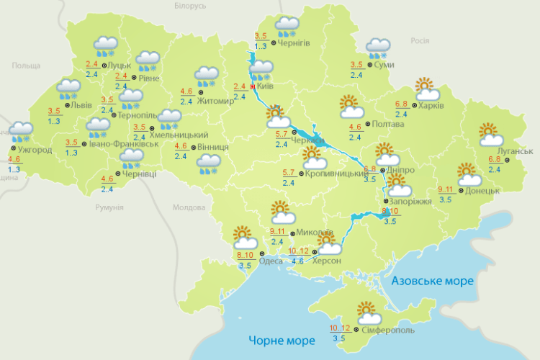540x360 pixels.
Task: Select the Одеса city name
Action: pyautogui.click(x=271, y=261)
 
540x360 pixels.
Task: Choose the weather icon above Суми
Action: pyautogui.click(x=377, y=48)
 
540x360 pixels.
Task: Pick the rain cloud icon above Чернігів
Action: pyautogui.click(x=287, y=27)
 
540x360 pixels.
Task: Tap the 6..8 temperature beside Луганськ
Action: pyautogui.click(x=495, y=160)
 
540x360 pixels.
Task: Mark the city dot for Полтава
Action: pyautogui.click(x=367, y=124)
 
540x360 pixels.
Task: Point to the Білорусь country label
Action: pyautogui.click(x=190, y=6)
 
